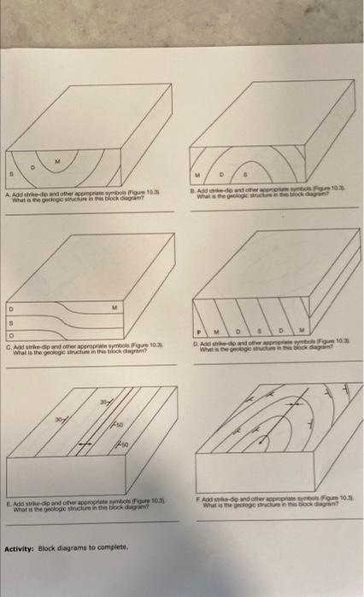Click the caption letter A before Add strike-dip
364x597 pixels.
tap(8, 194)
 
